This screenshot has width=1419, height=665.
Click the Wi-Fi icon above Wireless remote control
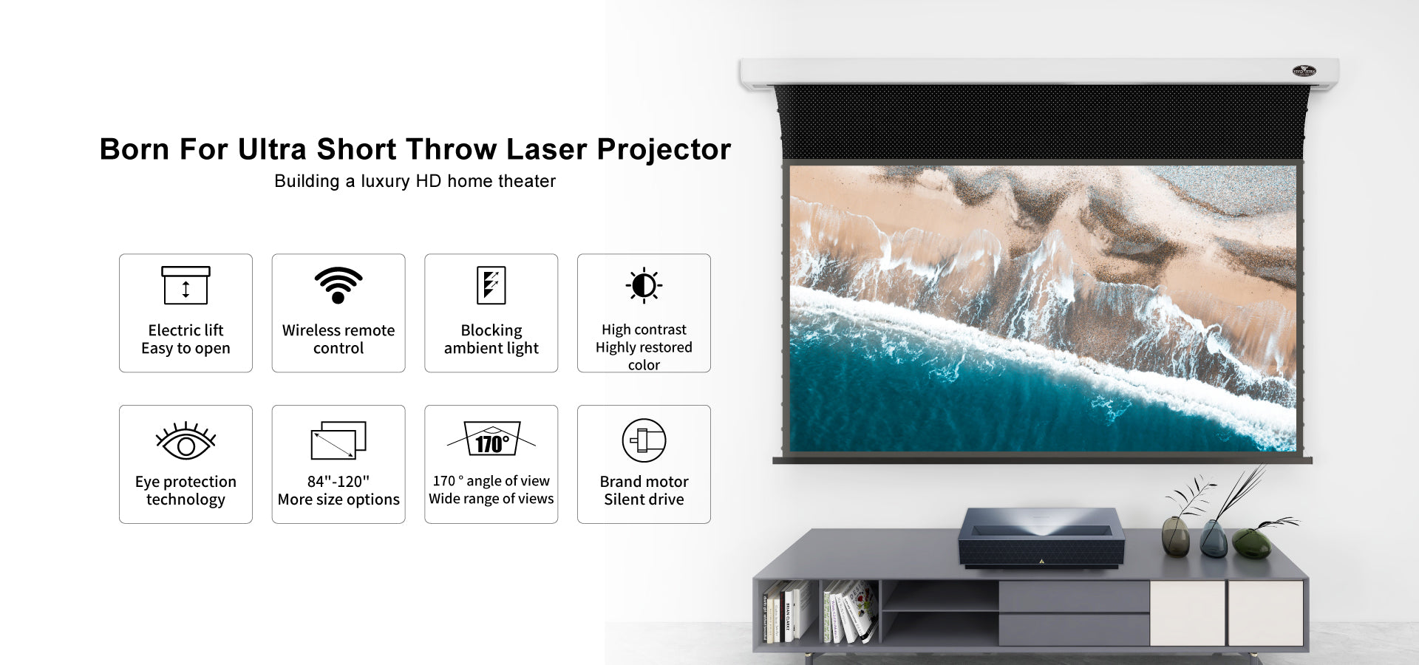click(338, 285)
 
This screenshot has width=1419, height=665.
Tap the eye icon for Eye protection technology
click(186, 441)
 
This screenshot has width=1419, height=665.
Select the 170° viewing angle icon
click(491, 439)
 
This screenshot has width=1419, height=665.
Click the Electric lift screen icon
click(186, 285)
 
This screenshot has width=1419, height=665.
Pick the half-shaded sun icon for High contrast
click(644, 285)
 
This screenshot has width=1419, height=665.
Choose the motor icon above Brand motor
click(644, 440)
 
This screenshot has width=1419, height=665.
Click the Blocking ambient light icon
click(491, 285)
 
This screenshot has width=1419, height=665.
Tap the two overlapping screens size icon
click(338, 440)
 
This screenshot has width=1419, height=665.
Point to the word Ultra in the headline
click(272, 149)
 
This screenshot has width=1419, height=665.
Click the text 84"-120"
click(338, 481)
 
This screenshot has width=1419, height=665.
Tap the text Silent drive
click(644, 499)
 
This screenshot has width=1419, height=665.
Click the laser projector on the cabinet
click(1041, 538)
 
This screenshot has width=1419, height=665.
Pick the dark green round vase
click(1251, 543)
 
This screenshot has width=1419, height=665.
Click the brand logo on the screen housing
click(1304, 71)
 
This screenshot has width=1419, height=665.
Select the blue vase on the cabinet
click(1214, 539)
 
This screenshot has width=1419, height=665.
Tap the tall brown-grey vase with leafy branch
click(1175, 536)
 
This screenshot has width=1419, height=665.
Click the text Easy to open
click(186, 349)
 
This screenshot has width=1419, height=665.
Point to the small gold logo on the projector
click(1042, 562)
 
